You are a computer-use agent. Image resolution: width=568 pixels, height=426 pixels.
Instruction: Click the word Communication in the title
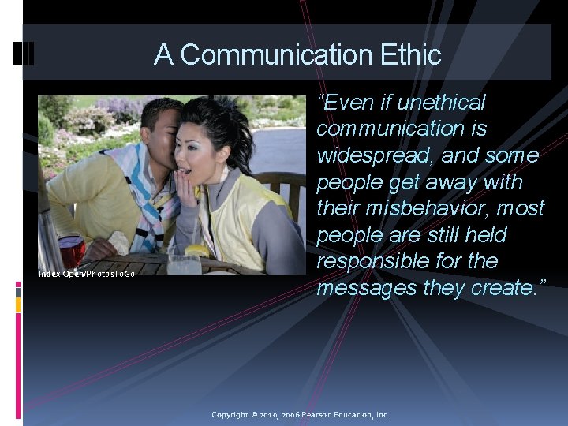[263, 54]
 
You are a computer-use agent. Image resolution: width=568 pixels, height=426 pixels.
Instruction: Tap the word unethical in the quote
[442, 103]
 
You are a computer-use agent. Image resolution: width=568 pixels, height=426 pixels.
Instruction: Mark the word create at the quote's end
[501, 288]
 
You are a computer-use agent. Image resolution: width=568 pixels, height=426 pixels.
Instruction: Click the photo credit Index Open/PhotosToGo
[87, 274]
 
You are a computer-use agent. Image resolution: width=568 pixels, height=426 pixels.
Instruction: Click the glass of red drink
[71, 251]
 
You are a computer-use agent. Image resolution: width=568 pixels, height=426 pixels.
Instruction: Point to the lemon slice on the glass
[196, 251]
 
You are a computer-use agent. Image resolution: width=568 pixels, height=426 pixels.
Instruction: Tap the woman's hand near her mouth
[189, 185]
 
